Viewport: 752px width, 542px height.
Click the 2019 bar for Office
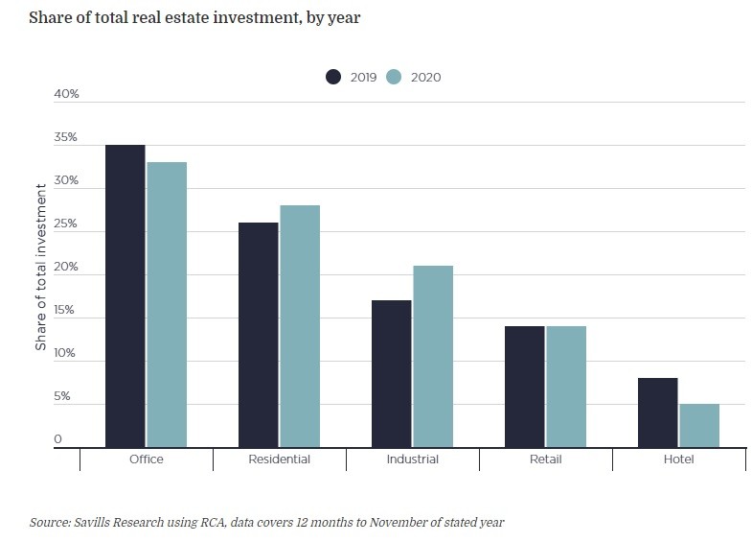point(125,295)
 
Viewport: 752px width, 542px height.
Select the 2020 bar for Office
point(167,304)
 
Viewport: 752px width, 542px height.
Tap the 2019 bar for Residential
point(259,335)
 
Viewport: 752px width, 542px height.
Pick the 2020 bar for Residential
point(300,326)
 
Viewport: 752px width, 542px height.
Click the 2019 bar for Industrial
point(392,373)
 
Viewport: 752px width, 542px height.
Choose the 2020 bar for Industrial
point(433,356)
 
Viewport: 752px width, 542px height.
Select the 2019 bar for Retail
point(525,387)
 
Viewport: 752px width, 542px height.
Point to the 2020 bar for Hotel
point(699,425)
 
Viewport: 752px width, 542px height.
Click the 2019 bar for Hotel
point(658,412)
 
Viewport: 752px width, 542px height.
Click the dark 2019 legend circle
point(334,77)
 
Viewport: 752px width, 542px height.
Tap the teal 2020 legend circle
point(394,77)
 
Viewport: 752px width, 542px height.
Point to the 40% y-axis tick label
point(66,94)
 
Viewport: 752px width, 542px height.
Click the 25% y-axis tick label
point(66,224)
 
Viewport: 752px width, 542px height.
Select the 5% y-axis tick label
point(62,396)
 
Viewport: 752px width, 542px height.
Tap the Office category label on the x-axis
point(146,460)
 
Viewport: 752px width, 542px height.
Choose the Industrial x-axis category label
point(413,460)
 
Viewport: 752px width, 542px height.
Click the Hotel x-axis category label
point(678,460)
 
